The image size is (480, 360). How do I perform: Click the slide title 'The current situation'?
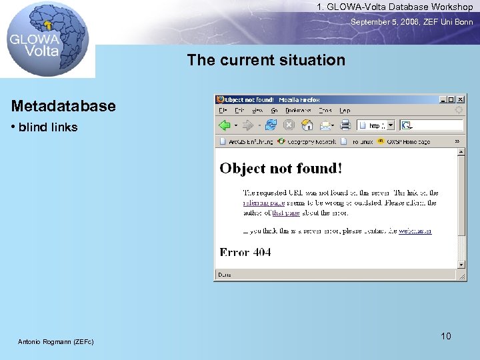(266, 60)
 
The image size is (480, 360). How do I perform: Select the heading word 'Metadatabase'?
(63, 106)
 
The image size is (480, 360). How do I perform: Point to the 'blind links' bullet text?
(48, 127)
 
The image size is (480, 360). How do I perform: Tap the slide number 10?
(445, 336)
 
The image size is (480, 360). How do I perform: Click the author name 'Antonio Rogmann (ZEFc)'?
(56, 342)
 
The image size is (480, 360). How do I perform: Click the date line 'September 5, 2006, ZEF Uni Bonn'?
(411, 22)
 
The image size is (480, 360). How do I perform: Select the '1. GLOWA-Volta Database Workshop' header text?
(395, 7)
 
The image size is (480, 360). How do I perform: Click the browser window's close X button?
(460, 99)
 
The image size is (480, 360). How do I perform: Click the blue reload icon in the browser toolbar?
(271, 125)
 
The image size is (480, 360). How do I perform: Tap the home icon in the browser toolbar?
(307, 125)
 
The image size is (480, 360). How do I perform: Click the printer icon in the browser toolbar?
(345, 125)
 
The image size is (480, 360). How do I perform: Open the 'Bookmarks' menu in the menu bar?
(298, 111)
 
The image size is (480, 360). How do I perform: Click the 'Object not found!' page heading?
(281, 168)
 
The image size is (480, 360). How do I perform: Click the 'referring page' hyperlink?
(264, 203)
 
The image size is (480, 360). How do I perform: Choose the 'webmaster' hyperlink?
(415, 231)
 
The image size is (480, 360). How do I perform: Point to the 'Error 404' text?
(245, 252)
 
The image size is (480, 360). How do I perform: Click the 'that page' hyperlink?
(285, 213)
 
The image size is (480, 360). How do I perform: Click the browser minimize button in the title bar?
(442, 99)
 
